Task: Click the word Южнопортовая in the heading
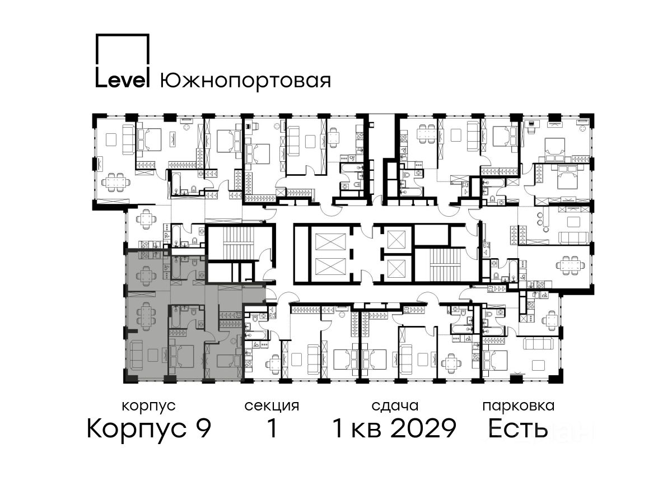pos(245,81)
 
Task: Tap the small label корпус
pos(149,407)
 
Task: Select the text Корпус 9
pos(149,429)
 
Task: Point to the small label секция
pos(272,407)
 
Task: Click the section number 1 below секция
pos(272,428)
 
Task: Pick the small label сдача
pos(395,407)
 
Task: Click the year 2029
pos(423,429)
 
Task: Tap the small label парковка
pos(519,407)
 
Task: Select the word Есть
pos(517,429)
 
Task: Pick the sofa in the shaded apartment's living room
pos(136,355)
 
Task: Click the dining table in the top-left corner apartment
pos(116,183)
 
